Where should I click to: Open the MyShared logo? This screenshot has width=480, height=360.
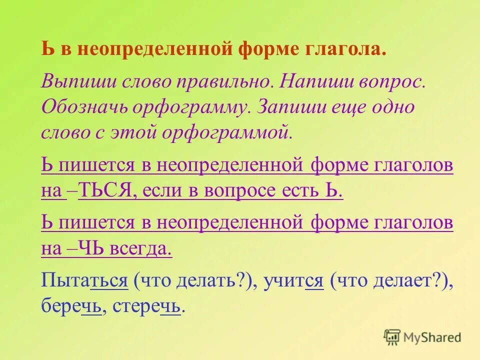[x=422, y=337]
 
